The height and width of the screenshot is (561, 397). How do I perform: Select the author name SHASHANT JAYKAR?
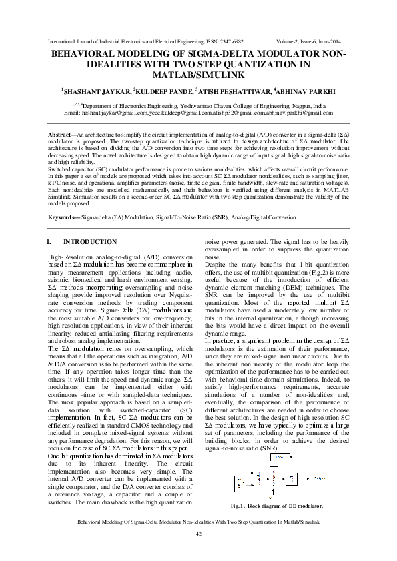point(96,90)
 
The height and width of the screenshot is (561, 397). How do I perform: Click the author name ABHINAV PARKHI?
point(306,90)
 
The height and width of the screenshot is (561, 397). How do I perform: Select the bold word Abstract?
point(59,135)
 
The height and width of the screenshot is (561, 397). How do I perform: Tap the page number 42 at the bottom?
point(198,535)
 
